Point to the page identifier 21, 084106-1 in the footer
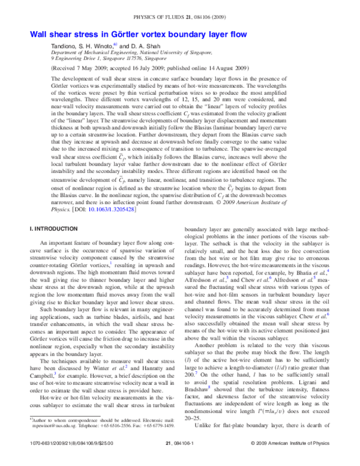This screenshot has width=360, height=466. [180, 459]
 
